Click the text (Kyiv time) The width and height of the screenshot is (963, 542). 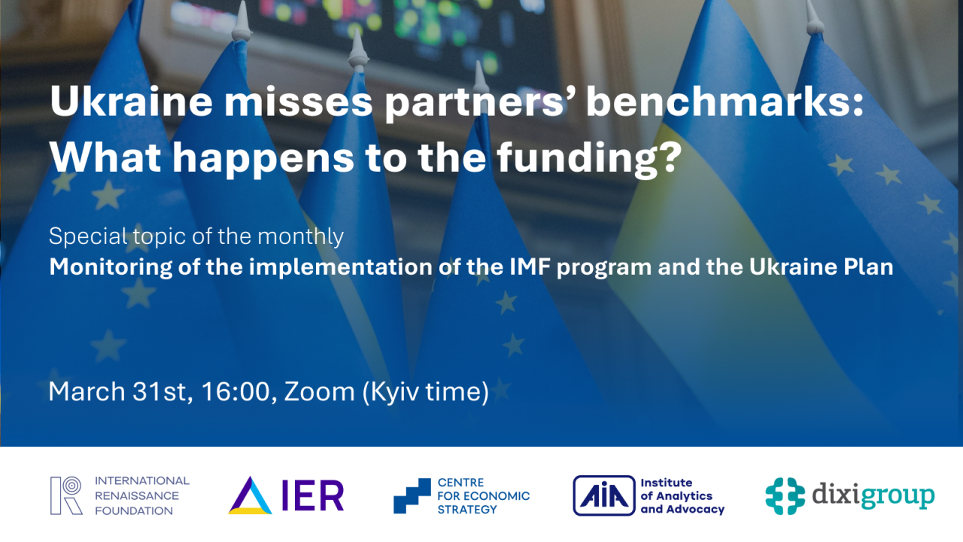tap(426, 391)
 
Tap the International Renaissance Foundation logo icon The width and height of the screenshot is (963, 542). tap(66, 495)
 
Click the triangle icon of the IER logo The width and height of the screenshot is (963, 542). tap(251, 495)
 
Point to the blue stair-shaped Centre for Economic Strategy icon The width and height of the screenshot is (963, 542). tap(412, 495)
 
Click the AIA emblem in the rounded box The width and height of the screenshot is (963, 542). tap(603, 495)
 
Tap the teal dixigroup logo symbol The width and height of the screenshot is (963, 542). tap(785, 495)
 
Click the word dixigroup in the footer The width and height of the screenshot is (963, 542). tap(873, 496)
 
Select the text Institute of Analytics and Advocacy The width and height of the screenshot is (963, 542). tap(682, 495)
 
